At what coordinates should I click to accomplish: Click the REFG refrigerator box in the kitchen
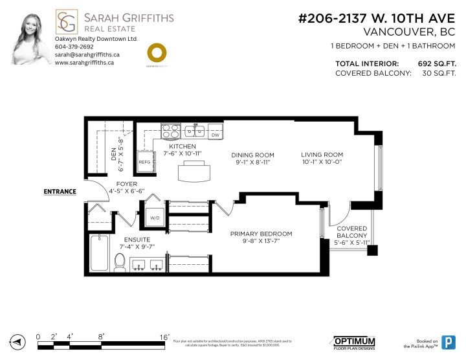(x=144, y=163)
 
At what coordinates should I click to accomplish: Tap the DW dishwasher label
(x=215, y=135)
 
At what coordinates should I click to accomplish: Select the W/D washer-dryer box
(x=155, y=218)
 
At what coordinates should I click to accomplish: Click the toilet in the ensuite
(x=120, y=262)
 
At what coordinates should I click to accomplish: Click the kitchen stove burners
(x=171, y=131)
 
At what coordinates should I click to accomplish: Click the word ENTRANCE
(x=60, y=192)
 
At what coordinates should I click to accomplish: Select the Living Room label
(x=322, y=155)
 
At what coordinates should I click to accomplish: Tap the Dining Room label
(x=253, y=155)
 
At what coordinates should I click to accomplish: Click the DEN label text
(x=114, y=153)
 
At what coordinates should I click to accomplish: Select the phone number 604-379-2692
(x=74, y=47)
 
